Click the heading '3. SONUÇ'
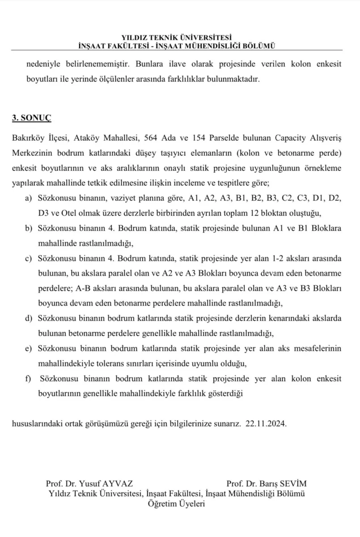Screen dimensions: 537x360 point(32,118)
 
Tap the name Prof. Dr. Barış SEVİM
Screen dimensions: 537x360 point(267,484)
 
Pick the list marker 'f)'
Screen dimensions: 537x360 point(28,379)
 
